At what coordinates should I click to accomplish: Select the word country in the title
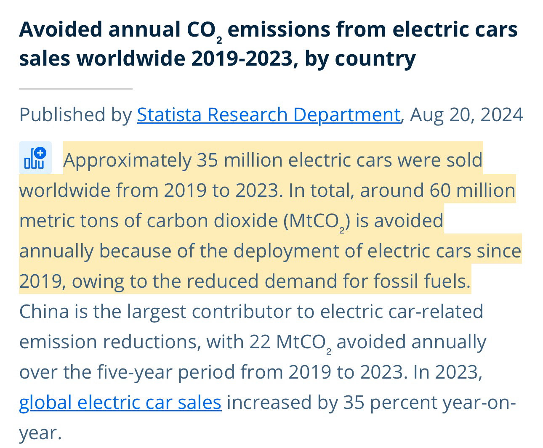(375, 58)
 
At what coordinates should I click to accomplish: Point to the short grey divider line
(76, 89)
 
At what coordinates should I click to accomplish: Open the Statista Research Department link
(269, 114)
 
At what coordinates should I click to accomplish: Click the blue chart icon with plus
(35, 158)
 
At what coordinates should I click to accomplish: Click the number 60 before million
(439, 191)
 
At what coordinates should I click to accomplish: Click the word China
(44, 312)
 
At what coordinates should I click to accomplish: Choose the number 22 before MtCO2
(259, 342)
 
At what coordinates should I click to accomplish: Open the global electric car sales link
(120, 403)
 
